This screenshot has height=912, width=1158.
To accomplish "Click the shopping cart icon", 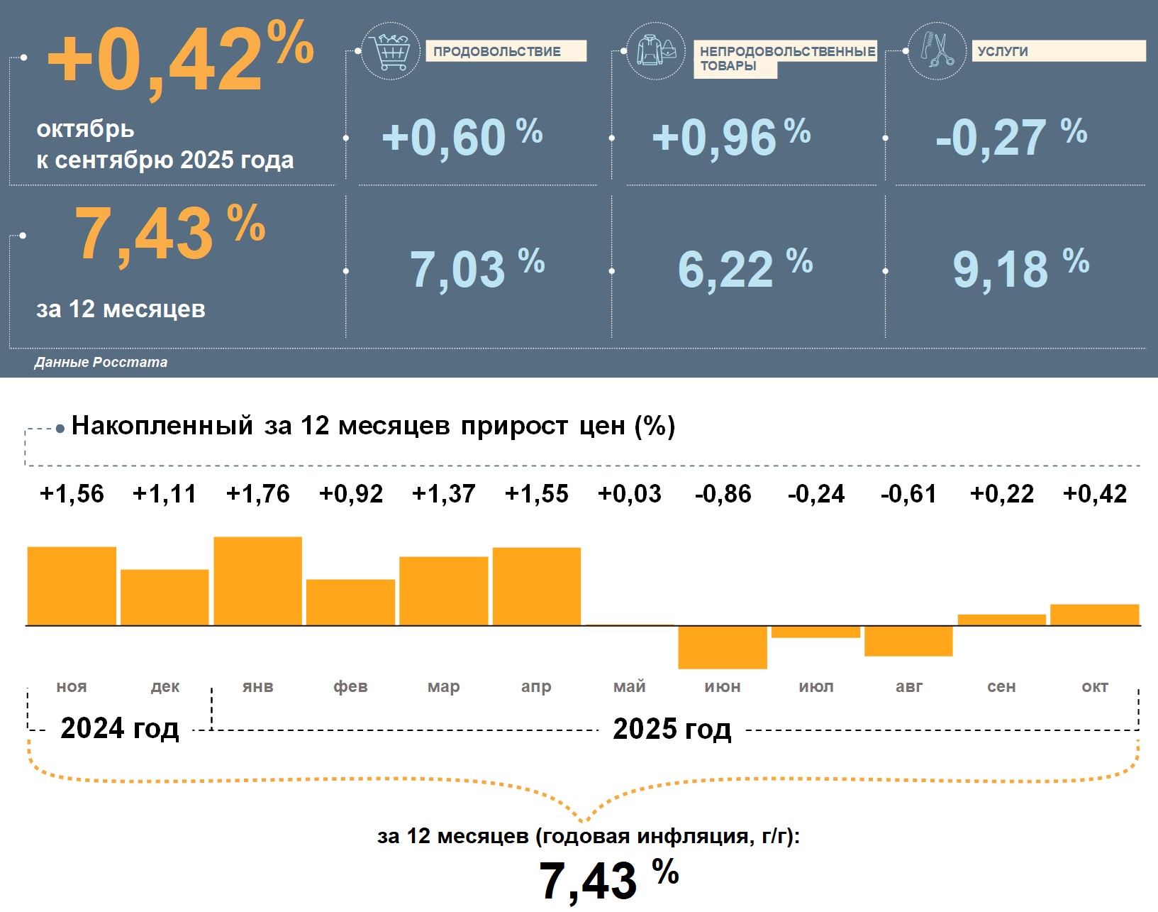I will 390,51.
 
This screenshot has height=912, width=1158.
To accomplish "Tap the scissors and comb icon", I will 937,50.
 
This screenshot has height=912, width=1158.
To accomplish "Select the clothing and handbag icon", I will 657,50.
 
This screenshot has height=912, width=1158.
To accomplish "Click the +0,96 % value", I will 730,137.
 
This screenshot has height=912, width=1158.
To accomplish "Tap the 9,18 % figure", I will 1020,269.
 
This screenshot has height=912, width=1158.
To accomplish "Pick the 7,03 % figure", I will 477,269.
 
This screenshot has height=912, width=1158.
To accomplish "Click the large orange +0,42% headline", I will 180,60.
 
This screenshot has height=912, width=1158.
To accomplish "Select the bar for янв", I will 257,581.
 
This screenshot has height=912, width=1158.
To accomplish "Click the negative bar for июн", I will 723,647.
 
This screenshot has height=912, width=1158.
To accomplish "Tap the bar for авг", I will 908,641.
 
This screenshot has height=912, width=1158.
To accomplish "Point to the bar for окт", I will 1094,615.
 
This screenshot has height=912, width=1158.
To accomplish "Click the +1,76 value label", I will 257,493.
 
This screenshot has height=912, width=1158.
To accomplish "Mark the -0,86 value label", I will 723,493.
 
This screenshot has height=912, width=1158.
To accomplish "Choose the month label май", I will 630,686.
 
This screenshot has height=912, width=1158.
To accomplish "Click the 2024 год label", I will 120,728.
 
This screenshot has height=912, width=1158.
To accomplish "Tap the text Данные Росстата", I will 101,362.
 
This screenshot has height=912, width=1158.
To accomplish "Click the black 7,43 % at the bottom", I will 608,880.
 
